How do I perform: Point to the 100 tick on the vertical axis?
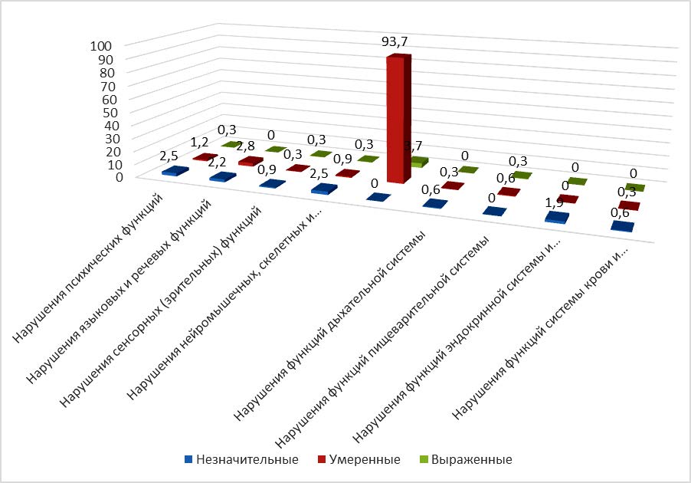pyautogui.click(x=102, y=46)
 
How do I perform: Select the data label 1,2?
pyautogui.click(x=201, y=142)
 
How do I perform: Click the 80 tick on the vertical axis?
pyautogui.click(x=105, y=73)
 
